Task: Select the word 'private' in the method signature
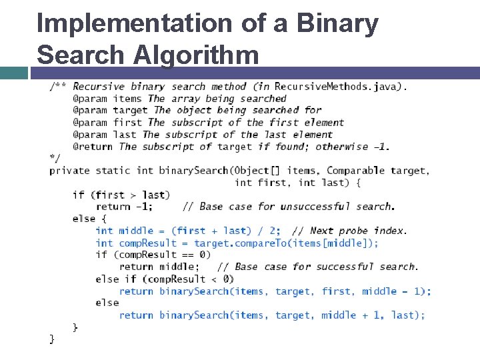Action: pos(69,171)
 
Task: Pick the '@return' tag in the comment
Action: pos(93,147)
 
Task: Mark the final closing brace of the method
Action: pos(52,339)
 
